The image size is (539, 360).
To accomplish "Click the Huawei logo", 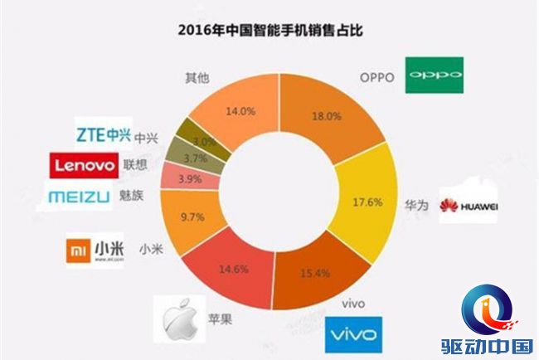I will click(x=469, y=207).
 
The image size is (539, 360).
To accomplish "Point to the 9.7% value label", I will click(x=192, y=217).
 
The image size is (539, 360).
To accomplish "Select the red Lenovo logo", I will click(x=84, y=166).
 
